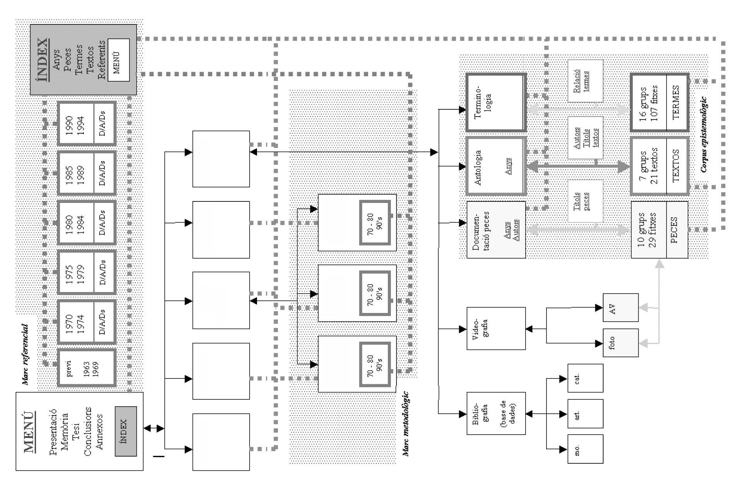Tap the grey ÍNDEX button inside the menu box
tap(125, 431)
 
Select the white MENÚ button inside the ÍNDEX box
tap(118, 60)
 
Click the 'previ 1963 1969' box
tap(86, 368)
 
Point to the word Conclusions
tap(88, 431)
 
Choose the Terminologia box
tap(496, 102)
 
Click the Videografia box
tap(496, 328)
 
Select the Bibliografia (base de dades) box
tap(496, 413)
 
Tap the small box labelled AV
tap(620, 308)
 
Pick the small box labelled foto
tap(620, 343)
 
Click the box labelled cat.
tap(585, 378)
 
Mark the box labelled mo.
tap(585, 449)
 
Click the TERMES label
tap(677, 102)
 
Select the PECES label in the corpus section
tap(677, 230)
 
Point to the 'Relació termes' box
tap(585, 81)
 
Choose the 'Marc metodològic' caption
tap(406, 424)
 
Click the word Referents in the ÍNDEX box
tap(101, 60)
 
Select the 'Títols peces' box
tap(585, 201)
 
